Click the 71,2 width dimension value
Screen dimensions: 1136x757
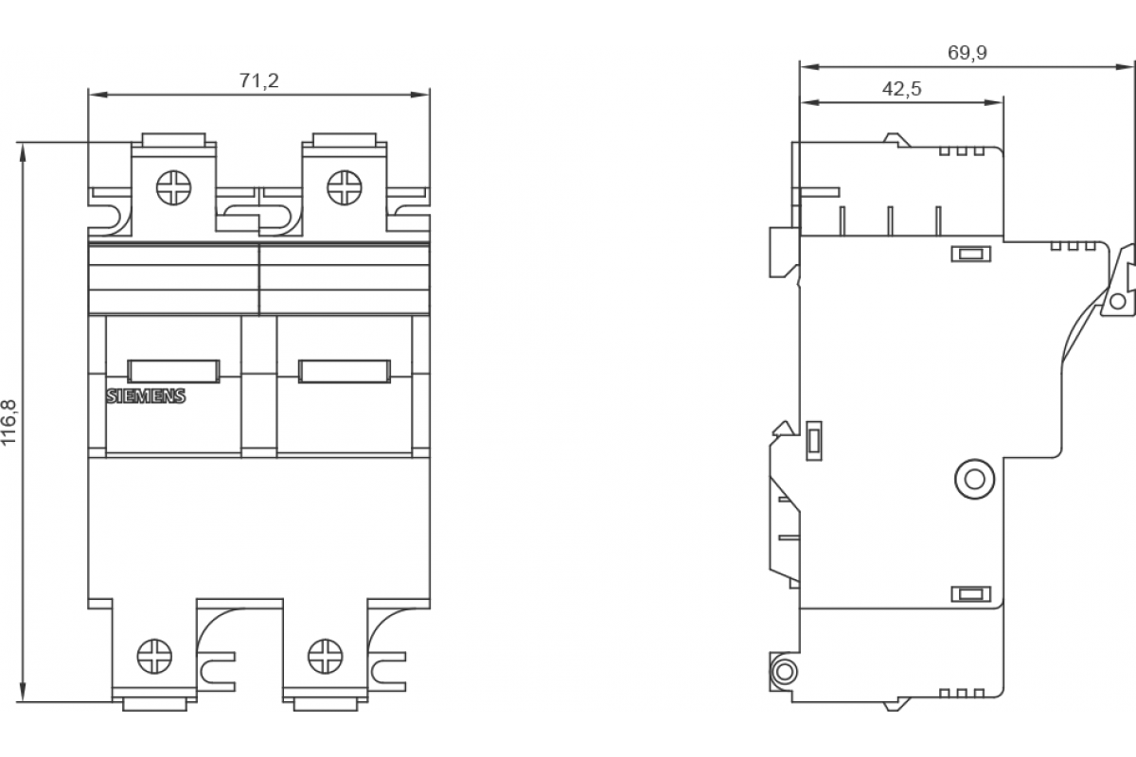tap(259, 80)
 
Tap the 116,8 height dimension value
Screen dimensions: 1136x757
tap(9, 422)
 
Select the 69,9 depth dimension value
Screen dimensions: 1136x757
tap(967, 53)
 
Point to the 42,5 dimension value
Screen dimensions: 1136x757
tap(901, 89)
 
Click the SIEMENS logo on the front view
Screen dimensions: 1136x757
tap(146, 396)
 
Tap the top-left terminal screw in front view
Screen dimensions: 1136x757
tap(174, 187)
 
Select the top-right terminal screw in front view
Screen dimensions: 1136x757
tap(345, 187)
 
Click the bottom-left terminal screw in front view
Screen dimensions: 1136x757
tap(154, 656)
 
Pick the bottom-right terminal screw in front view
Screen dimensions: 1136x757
tap(326, 656)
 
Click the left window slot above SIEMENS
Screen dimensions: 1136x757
tap(173, 371)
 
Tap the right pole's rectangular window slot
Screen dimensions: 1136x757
tap(345, 371)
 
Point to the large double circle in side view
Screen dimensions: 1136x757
tap(974, 479)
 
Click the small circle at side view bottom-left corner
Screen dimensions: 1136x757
tap(784, 672)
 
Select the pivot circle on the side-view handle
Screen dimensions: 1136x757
tap(1118, 301)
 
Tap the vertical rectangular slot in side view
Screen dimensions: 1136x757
tap(814, 441)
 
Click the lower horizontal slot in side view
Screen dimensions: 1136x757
tap(970, 593)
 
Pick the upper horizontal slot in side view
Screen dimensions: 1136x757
tap(970, 254)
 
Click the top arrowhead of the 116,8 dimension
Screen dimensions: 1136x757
tap(23, 152)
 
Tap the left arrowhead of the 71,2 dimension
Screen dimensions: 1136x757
tap(98, 95)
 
